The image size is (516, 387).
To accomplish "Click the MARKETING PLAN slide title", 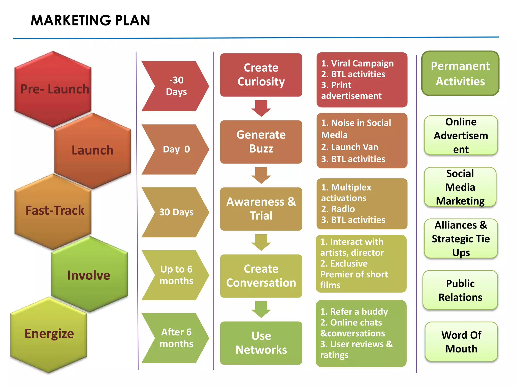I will click(90, 20).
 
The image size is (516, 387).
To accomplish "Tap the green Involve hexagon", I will click(89, 275).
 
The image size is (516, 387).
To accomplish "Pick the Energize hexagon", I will click(49, 334).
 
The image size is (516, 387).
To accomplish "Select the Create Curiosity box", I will click(261, 75).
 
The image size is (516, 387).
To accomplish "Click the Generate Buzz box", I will click(261, 142).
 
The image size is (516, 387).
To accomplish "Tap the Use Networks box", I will click(261, 343).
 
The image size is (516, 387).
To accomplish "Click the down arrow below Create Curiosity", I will click(261, 108).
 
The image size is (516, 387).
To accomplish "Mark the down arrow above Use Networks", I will click(261, 309).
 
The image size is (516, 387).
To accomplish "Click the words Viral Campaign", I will click(362, 63).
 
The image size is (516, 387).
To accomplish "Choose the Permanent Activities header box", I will click(460, 73).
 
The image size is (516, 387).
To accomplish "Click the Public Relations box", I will click(460, 290).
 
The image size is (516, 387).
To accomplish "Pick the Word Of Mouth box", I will click(461, 342).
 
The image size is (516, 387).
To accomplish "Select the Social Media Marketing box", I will click(460, 187).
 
